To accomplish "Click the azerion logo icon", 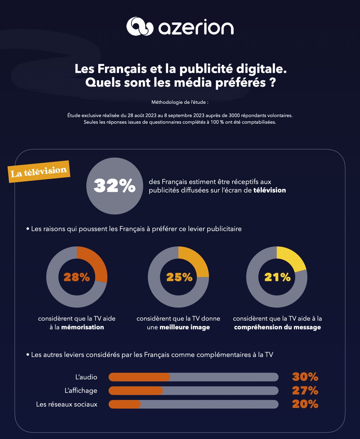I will click(x=140, y=26).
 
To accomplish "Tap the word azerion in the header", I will click(x=196, y=27).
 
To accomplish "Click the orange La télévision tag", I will click(x=39, y=172).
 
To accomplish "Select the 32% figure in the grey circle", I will click(x=114, y=186).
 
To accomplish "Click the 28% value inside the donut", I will click(x=77, y=277).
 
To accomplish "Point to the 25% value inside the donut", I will click(x=179, y=277).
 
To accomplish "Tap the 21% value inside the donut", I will click(x=277, y=277).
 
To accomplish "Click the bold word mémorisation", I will click(x=82, y=327).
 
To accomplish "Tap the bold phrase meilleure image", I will click(x=185, y=327).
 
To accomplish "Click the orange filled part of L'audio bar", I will click(x=139, y=377).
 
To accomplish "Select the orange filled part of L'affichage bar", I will click(x=136, y=391).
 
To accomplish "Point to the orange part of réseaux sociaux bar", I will click(x=125, y=404).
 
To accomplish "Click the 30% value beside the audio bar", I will click(x=305, y=377).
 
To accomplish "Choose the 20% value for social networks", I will click(x=305, y=404).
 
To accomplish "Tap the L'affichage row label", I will click(x=81, y=391).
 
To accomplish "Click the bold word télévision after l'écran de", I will click(x=269, y=190).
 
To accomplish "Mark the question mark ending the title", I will click(x=273, y=83).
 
